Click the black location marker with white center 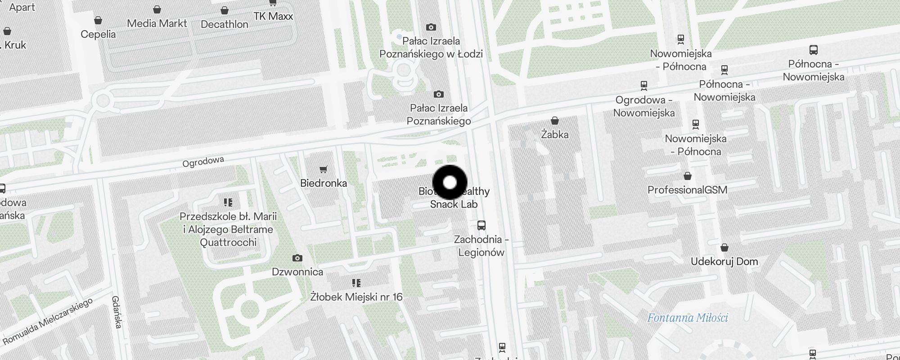tap(450, 182)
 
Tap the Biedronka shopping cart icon tap(323, 170)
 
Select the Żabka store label tap(554, 135)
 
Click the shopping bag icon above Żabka tap(555, 121)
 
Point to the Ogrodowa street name tap(203, 162)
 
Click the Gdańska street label tap(117, 311)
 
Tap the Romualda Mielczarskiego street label tap(48, 321)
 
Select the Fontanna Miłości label tap(687, 318)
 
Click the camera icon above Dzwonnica tap(297, 258)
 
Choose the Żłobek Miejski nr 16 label tap(356, 297)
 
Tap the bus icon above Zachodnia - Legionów tap(481, 225)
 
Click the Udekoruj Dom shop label tap(724, 261)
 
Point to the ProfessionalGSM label tap(687, 190)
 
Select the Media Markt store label tap(157, 23)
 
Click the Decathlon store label tap(224, 24)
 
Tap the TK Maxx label tap(273, 16)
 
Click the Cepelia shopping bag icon tap(98, 20)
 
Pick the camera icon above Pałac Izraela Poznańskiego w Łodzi tap(431, 27)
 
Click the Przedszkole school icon tap(228, 202)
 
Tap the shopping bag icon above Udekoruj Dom tap(724, 247)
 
